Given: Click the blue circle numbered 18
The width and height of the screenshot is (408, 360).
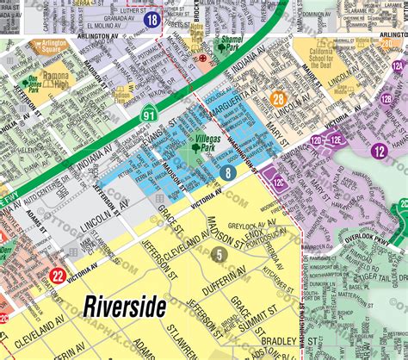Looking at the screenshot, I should coord(151,20).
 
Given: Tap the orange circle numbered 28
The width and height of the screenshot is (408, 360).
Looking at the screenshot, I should coord(277,100).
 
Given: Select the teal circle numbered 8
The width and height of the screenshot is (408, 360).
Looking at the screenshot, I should coord(227,174).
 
